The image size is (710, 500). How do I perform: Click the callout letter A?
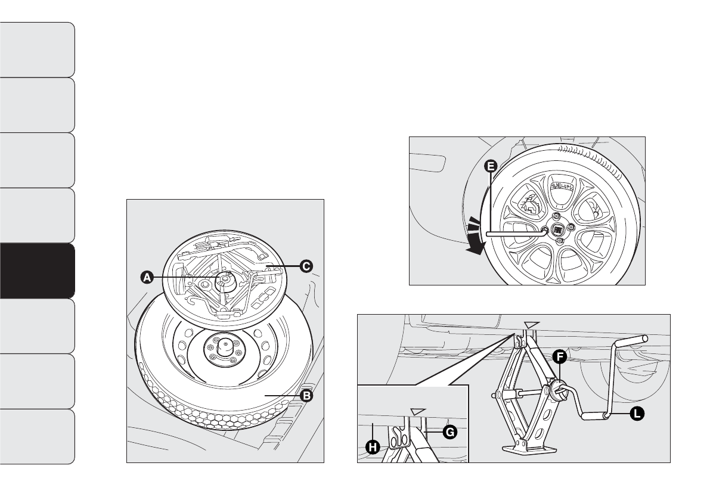point(145,277)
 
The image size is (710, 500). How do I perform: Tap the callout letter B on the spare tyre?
point(307,396)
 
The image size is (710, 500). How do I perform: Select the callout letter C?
point(306,266)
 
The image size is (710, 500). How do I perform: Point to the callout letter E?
point(490,167)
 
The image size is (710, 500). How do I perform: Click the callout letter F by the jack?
point(559,357)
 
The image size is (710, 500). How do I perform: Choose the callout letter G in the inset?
point(451,433)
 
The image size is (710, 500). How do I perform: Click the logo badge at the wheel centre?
point(559,229)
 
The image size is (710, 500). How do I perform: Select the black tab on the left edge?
point(37,271)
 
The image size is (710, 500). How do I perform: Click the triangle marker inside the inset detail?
point(418,411)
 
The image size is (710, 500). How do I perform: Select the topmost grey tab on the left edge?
point(37,49)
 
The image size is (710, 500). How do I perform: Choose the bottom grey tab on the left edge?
point(37,436)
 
